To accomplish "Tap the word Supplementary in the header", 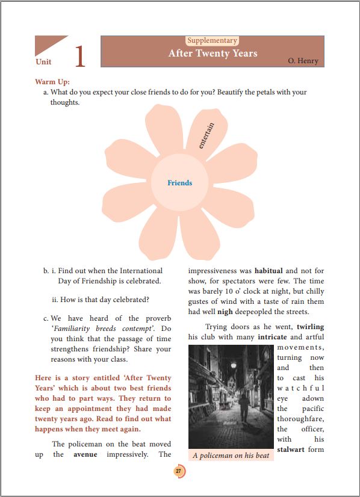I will coord(212,41).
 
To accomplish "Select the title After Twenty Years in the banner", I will coord(213,54).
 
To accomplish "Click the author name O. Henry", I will coord(303,61).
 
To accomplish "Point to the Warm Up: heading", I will coord(52,81).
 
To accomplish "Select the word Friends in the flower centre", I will coord(179,183).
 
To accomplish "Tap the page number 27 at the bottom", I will coord(179,471).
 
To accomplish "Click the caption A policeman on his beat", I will coord(231,455).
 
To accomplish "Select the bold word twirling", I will coord(310,327).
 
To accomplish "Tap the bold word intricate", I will coord(272,337).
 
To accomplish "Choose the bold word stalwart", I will coord(292,449).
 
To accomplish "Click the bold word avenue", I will coord(85,454).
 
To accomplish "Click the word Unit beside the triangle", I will coord(43,62).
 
